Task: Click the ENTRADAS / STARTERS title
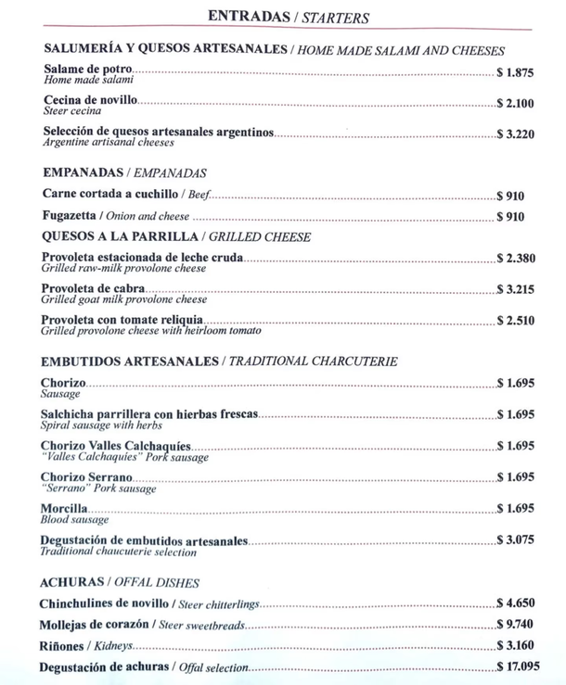289,17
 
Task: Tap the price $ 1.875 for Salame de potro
516,71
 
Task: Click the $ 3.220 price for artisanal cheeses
516,134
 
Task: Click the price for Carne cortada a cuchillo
511,196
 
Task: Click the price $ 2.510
516,321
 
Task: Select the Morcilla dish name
65,509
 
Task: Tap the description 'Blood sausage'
74,520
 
